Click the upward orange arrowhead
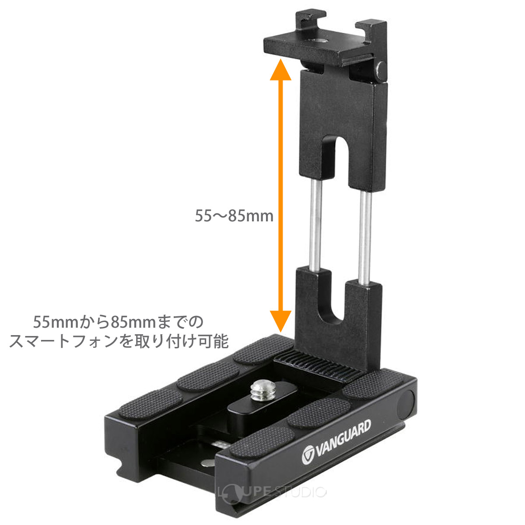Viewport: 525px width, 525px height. (280, 71)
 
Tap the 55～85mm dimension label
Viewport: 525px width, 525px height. (234, 216)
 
